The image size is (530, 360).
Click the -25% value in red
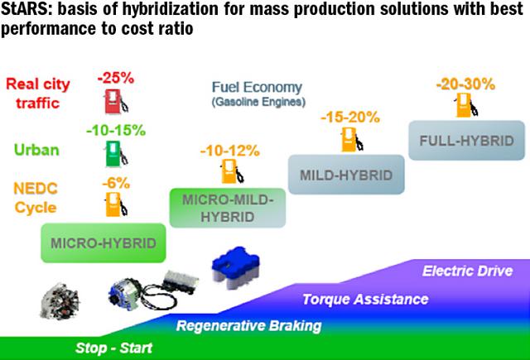click(x=116, y=79)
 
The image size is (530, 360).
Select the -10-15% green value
click(x=116, y=131)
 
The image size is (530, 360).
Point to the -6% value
click(x=116, y=184)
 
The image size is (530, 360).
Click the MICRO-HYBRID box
click(x=104, y=243)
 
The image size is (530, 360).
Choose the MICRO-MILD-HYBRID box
click(x=228, y=208)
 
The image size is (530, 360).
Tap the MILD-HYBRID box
click(x=346, y=175)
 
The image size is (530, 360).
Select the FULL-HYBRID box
click(x=466, y=141)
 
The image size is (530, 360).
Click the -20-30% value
click(x=465, y=84)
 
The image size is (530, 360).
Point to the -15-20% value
click(x=350, y=118)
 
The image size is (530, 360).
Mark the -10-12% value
click(x=230, y=151)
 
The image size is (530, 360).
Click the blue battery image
click(x=235, y=264)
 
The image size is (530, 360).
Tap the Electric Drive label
click(x=467, y=271)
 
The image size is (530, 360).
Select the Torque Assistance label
click(x=365, y=300)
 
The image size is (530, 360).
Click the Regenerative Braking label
click(x=248, y=326)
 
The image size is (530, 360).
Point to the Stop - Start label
click(x=114, y=348)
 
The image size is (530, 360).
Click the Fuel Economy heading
click(x=257, y=88)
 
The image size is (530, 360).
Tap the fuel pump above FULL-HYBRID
click(x=467, y=105)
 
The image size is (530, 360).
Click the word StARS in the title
click(x=25, y=9)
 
